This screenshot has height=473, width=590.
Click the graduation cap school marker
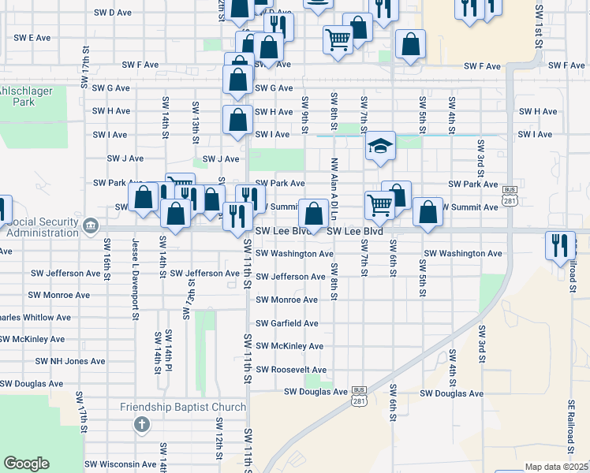click(x=380, y=146)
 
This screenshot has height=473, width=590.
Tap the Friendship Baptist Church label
click(x=183, y=407)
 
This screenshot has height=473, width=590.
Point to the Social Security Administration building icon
click(x=91, y=228)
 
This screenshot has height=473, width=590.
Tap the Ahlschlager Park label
click(x=17, y=95)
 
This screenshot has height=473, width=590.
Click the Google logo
click(x=26, y=463)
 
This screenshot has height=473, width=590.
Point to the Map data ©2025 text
click(x=556, y=467)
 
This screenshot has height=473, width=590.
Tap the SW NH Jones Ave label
click(x=70, y=361)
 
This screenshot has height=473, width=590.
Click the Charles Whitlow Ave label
click(x=35, y=318)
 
